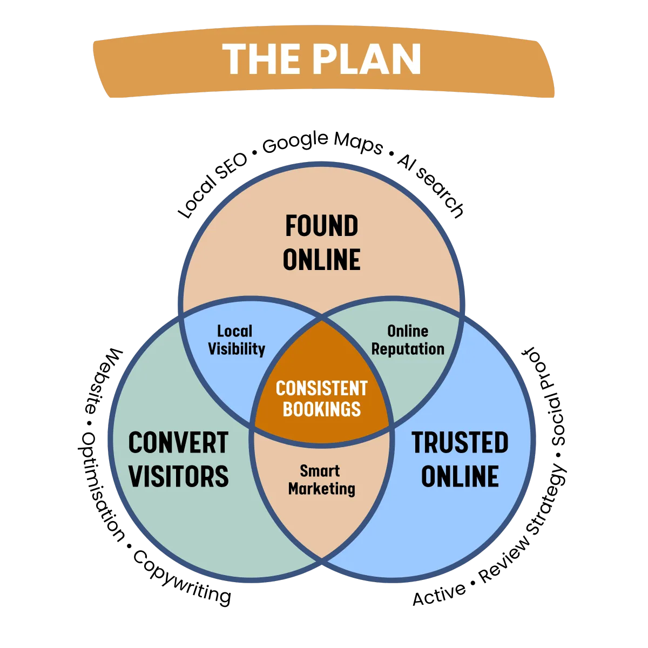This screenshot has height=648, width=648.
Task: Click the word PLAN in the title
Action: [370, 59]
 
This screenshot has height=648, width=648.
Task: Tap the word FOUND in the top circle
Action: [321, 226]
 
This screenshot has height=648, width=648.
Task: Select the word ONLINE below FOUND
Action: [321, 260]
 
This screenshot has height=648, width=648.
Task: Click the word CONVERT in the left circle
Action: [178, 443]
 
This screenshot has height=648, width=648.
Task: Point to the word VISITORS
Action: [178, 476]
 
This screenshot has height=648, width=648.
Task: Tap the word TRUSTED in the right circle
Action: [460, 443]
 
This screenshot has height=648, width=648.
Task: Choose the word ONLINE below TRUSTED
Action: [460, 476]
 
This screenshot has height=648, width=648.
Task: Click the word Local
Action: [234, 331]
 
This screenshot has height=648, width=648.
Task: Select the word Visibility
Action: [237, 349]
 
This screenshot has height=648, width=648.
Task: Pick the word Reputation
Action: [408, 349]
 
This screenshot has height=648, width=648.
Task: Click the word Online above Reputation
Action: [408, 331]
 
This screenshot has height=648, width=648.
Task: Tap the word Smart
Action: [320, 471]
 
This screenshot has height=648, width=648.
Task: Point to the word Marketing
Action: [321, 489]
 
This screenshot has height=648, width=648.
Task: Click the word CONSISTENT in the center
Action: [321, 389]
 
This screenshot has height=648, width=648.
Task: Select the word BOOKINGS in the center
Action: [321, 409]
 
